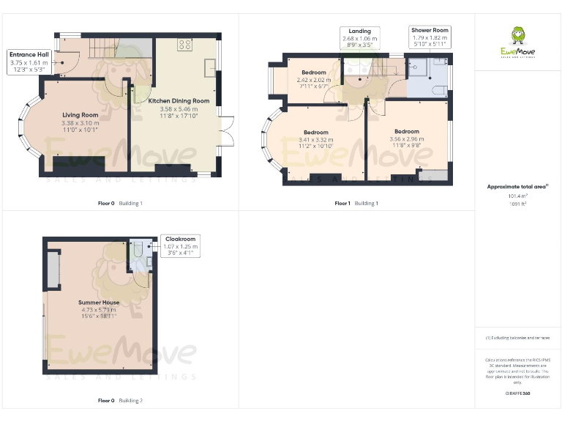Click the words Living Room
[80, 115]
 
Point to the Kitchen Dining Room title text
[179, 101]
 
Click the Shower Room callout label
[430, 37]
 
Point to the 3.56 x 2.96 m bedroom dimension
[406, 138]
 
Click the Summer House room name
[99, 302]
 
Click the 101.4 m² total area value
[517, 196]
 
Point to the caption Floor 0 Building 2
[120, 401]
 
